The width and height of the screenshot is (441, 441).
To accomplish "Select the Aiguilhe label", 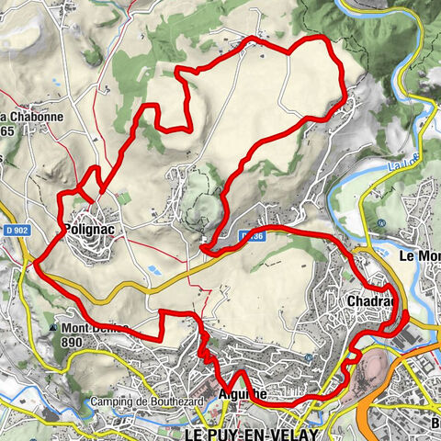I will [243, 394].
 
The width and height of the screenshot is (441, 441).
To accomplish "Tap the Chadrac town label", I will [370, 301].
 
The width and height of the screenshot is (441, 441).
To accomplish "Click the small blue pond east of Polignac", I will [152, 269].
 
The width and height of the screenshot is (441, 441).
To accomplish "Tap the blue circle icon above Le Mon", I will [380, 223].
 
